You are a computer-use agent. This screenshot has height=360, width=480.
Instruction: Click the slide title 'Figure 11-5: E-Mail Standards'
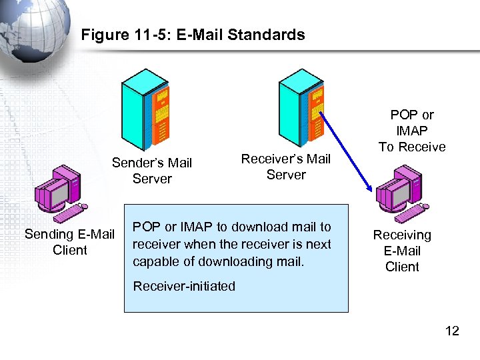193,35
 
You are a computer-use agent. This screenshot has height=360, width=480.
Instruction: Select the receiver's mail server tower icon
300,107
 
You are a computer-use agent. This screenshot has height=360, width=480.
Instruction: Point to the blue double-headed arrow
343,153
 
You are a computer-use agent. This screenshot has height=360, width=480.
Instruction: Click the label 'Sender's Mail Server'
152,171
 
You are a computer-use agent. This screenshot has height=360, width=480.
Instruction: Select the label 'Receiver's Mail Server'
286,167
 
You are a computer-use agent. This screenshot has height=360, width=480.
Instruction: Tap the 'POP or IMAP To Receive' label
412,131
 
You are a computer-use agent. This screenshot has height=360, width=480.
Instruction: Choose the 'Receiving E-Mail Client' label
402,251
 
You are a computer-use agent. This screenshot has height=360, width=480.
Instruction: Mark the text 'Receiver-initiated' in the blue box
185,286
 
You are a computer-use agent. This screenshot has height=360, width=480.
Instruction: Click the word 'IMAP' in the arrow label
412,131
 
